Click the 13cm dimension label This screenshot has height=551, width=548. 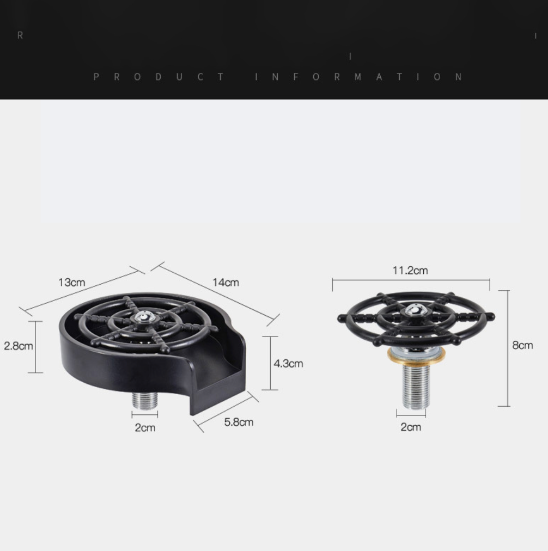[71, 282]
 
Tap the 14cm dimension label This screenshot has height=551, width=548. [226, 282]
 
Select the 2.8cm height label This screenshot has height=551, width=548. [18, 346]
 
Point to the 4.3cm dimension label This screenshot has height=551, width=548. [288, 363]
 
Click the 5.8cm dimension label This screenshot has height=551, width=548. [239, 422]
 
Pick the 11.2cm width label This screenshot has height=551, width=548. [410, 270]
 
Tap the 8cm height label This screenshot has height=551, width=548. [522, 345]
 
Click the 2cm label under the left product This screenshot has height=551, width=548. [145, 427]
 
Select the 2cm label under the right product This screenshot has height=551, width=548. [411, 427]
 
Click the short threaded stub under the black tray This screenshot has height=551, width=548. [145, 400]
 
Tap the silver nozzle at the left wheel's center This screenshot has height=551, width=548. [145, 316]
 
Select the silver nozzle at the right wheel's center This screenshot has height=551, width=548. [416, 311]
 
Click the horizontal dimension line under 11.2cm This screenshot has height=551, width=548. [411, 280]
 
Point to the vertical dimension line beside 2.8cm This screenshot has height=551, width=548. [35, 347]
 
